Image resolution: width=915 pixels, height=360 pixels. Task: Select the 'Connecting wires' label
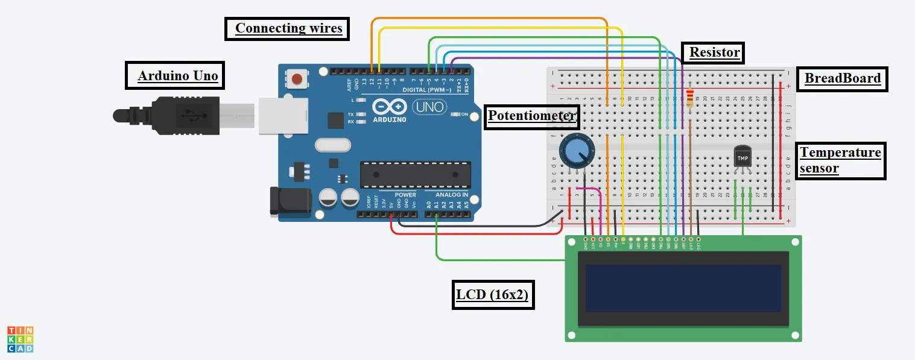(x=288, y=28)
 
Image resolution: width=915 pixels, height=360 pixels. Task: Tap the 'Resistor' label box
(x=714, y=52)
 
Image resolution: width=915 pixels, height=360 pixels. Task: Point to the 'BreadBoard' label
(x=842, y=78)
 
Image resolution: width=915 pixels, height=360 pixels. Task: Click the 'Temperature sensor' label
(x=841, y=160)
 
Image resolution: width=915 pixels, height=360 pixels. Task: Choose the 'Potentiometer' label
(x=532, y=116)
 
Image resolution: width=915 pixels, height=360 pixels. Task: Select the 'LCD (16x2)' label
(x=492, y=295)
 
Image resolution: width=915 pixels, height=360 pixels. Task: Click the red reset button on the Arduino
(x=297, y=78)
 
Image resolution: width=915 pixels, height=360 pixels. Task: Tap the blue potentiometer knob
(x=575, y=150)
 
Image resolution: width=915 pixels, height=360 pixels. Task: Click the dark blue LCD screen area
(x=683, y=288)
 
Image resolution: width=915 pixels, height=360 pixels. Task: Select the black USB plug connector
(x=181, y=114)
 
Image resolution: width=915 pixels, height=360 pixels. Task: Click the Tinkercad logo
(x=20, y=339)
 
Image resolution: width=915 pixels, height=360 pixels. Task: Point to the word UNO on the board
(x=429, y=108)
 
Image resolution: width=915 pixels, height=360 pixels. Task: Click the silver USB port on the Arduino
(x=282, y=115)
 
